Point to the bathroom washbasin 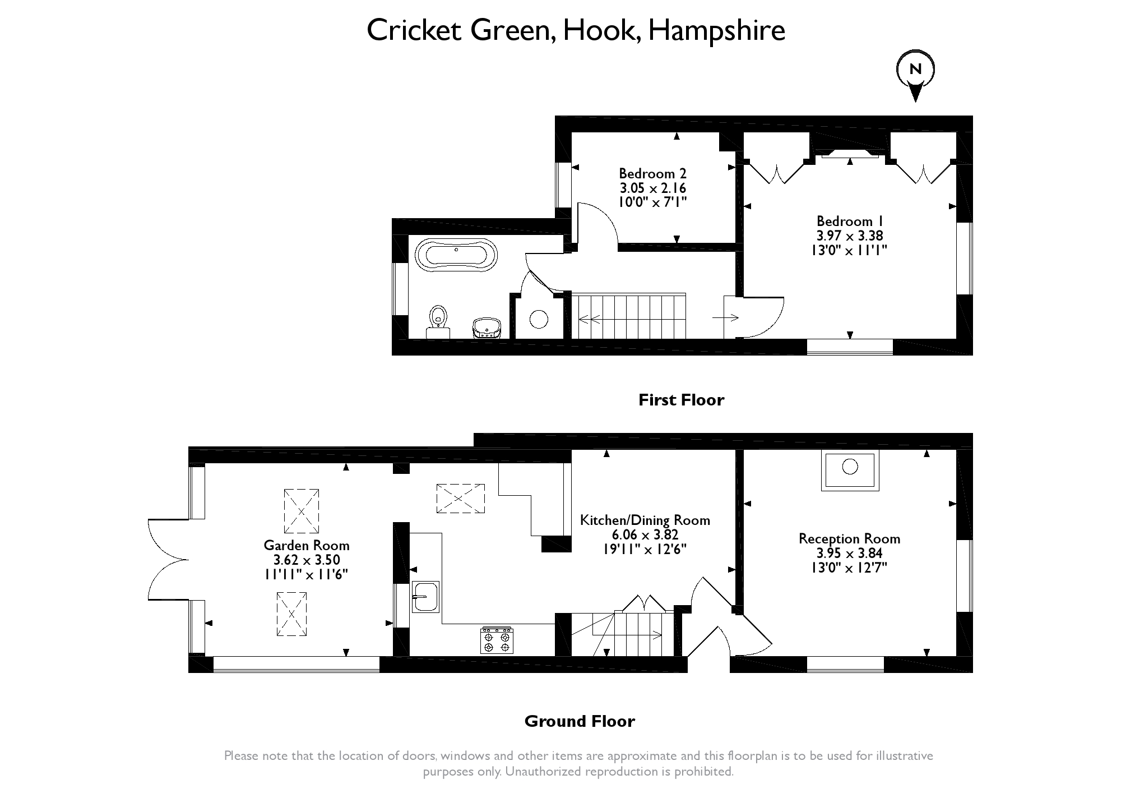487,327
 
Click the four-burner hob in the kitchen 497,640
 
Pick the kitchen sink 425,596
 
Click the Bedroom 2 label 652,173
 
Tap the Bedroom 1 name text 850,221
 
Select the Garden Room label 307,545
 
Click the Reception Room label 849,538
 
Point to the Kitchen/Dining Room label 645,520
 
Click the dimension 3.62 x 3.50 307,560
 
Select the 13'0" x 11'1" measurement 850,250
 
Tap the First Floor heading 681,400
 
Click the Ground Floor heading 580,721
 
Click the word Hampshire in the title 716,30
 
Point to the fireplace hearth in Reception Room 850,470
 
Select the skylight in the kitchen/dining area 460,498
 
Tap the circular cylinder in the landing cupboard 539,319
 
